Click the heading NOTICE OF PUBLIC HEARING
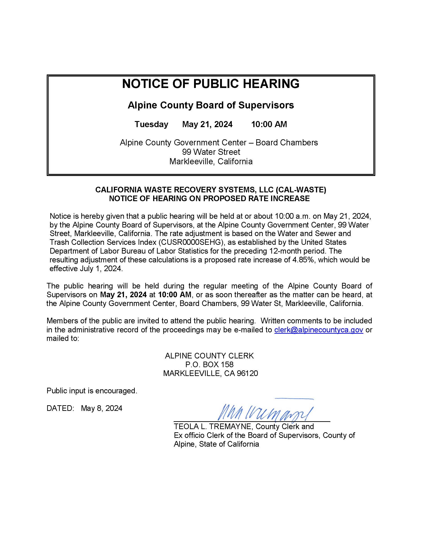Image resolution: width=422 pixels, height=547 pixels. point(210,84)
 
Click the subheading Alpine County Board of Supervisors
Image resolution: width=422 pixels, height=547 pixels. point(211,105)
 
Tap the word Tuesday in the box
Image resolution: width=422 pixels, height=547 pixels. point(151,124)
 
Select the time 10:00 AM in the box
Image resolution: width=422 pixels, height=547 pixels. point(269,124)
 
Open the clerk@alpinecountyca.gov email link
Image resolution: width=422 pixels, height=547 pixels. point(318,330)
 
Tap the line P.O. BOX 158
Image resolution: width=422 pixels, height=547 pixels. point(209,365)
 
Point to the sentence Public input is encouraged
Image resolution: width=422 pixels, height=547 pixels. point(92,391)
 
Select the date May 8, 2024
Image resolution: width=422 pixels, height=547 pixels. point(102,408)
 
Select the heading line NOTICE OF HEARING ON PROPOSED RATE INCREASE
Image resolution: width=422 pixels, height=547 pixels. point(209,198)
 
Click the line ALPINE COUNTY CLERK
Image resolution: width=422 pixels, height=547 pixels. point(209,356)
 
